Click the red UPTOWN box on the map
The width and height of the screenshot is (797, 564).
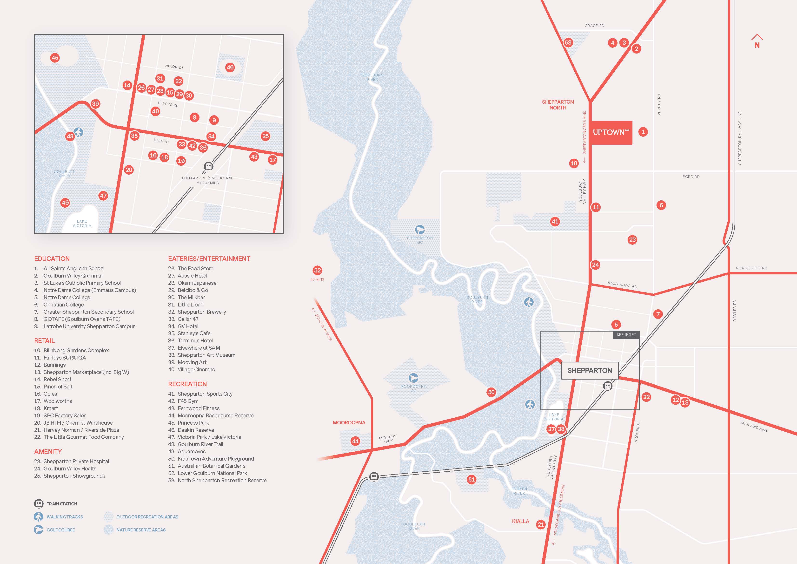[x=611, y=132]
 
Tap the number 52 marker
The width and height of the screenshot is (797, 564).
[x=317, y=270]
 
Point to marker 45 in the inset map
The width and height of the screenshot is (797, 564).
[x=55, y=58]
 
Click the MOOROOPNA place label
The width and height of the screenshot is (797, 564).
[x=349, y=422]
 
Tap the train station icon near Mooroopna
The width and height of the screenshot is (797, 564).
[x=374, y=476]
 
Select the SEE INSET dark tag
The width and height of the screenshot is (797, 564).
[x=626, y=335]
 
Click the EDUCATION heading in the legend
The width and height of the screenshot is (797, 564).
[x=52, y=258]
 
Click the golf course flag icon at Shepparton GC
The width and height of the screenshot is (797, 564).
[x=420, y=229]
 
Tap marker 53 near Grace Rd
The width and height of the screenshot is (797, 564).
[x=568, y=43]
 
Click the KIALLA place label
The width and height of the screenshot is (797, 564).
[x=520, y=521]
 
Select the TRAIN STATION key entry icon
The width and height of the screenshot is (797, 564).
[x=39, y=503]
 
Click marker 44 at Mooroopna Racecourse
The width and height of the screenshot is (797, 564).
[x=355, y=441]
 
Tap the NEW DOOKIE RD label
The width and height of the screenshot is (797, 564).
[x=751, y=268]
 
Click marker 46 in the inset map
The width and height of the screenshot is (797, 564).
[x=230, y=68]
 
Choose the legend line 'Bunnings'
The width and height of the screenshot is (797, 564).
[x=54, y=365]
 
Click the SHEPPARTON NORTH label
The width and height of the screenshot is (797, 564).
[x=558, y=105]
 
